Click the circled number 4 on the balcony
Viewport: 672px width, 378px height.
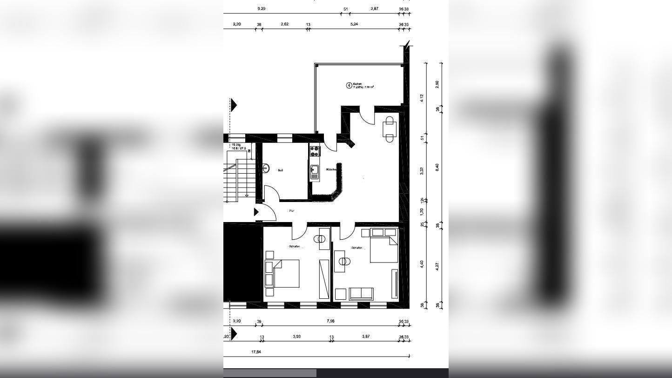coord(349,85)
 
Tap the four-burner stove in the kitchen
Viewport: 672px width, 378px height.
coord(315,151)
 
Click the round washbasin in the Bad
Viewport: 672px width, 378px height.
coord(266,168)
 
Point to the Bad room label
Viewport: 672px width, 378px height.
coord(281,170)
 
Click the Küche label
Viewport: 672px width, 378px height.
coord(331,169)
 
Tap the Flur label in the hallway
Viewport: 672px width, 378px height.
coord(292,211)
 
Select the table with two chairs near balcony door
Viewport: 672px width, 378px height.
coord(389,128)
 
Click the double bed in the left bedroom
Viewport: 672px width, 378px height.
coord(286,273)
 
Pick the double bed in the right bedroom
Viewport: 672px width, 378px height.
coord(384,250)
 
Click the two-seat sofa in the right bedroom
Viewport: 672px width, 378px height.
coord(361,294)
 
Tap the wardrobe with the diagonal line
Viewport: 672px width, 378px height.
coord(324,279)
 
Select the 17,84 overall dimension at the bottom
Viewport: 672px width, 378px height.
coord(256,352)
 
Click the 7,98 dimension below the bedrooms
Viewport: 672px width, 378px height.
coord(330,321)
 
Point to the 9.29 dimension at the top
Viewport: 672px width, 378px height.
coord(262,9)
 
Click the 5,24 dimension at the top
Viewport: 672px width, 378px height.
coord(354,24)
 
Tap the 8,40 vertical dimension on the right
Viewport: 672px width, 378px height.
coord(437,167)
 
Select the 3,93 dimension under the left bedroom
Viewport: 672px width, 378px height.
coord(296,337)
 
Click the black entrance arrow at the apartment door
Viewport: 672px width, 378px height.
coord(256,212)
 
